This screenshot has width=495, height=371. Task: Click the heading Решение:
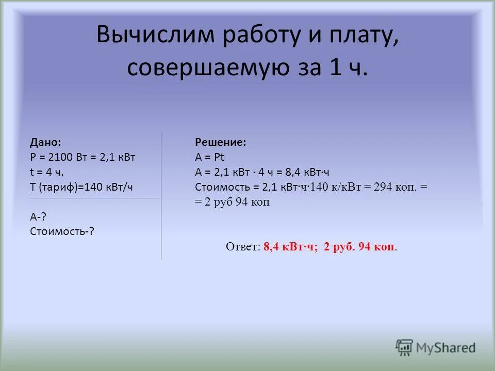(220, 143)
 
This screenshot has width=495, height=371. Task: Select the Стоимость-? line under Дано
(62, 231)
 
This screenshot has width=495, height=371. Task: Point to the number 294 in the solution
(384, 188)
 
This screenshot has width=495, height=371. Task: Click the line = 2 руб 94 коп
(232, 203)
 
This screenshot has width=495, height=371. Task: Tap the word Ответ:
(243, 247)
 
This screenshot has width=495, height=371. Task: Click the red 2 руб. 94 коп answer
(359, 247)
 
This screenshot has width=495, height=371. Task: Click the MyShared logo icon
(405, 348)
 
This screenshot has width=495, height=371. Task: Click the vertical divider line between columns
(161, 196)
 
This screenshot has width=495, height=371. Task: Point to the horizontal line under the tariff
(94, 198)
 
